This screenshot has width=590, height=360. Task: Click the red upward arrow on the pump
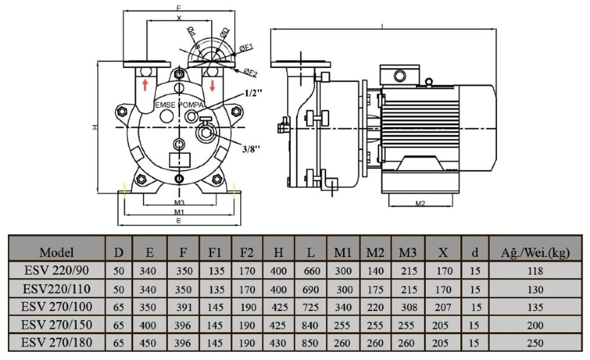(145, 85)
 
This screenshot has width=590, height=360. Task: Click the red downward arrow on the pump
(212, 85)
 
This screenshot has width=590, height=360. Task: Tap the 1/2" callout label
(254, 93)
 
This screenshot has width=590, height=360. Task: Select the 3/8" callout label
(251, 148)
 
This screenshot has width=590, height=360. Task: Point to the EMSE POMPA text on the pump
(179, 105)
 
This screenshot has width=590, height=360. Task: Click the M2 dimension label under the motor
(420, 203)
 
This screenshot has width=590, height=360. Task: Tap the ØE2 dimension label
(251, 73)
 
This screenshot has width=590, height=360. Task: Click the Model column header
(57, 252)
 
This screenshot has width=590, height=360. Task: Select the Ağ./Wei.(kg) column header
(535, 252)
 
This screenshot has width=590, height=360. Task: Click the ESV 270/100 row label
(57, 307)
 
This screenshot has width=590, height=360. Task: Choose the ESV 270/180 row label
(57, 342)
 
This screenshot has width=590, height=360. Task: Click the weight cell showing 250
(535, 343)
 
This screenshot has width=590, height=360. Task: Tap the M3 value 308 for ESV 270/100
(409, 307)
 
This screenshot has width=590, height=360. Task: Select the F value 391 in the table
(184, 307)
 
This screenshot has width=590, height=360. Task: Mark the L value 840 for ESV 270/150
(310, 325)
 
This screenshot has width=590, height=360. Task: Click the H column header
(278, 252)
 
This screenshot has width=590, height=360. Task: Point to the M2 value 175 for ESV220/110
(375, 289)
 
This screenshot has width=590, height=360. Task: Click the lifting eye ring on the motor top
(429, 82)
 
